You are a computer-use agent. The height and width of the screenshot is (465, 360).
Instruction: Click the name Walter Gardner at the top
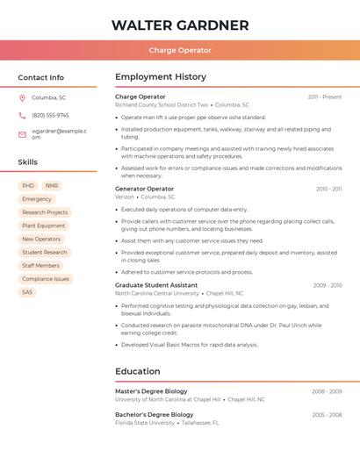[x=180, y=25]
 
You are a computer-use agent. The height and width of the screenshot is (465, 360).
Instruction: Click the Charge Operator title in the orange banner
[x=180, y=50]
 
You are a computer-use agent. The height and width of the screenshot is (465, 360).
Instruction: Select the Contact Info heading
[x=41, y=77]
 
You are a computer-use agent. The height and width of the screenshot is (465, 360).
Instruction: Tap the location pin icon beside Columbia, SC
[x=22, y=97]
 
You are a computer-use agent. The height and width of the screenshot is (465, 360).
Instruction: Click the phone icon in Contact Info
[x=22, y=115]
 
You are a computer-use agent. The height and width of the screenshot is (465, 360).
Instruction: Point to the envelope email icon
[x=22, y=134]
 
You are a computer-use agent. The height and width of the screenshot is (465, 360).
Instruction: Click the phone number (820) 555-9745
[x=50, y=115]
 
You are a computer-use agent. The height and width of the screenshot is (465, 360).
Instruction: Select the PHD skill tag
[x=28, y=186]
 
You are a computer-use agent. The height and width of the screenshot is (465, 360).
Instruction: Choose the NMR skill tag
[x=52, y=186]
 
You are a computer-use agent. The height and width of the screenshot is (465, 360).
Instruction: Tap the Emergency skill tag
[x=37, y=199]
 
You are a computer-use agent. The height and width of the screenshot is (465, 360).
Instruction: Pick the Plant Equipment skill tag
[x=44, y=225]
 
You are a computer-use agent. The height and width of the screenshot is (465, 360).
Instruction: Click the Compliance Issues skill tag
[x=46, y=279]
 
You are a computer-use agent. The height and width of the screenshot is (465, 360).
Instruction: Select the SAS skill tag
[x=27, y=292]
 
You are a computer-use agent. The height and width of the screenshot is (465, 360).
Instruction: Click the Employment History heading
[x=161, y=77]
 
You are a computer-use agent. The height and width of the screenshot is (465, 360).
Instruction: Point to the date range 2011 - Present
[x=325, y=97]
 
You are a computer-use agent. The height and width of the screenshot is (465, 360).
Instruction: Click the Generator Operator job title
[x=144, y=189]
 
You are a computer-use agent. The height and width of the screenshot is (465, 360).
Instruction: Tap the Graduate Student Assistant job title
[x=156, y=285]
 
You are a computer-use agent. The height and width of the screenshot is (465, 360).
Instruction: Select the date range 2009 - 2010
[x=328, y=285]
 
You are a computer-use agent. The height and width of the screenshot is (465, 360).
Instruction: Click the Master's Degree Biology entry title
[x=151, y=391]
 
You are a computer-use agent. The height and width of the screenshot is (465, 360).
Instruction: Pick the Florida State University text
[x=145, y=423]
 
